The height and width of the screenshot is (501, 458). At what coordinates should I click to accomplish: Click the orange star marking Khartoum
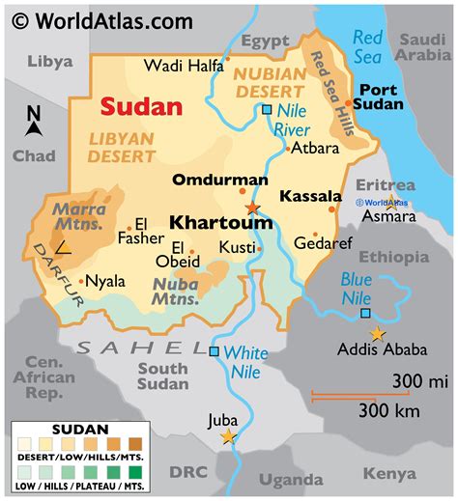(252, 208)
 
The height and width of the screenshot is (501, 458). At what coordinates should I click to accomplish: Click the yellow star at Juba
(228, 436)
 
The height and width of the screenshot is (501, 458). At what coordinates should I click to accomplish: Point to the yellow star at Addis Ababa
(377, 334)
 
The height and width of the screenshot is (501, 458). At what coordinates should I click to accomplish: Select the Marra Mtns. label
(80, 215)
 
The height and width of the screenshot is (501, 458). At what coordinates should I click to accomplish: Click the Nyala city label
(105, 281)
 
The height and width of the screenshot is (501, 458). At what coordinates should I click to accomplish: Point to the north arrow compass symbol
(35, 122)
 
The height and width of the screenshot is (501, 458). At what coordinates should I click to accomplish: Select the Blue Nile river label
(357, 287)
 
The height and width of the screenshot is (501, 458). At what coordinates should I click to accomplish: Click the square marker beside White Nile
(214, 351)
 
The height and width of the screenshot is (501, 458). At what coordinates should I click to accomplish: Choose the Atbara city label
(314, 149)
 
